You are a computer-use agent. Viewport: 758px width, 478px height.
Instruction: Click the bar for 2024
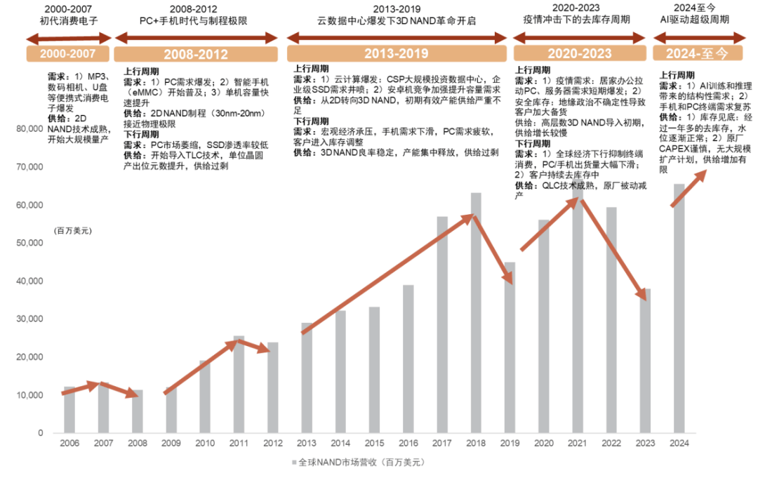(679, 309)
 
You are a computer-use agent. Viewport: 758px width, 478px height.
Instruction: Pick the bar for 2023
(645, 361)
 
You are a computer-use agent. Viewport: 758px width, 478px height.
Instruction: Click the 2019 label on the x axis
(510, 444)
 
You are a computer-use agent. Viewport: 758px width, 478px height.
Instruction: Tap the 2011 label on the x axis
(239, 444)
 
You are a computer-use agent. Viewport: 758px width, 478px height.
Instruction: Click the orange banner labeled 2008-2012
(196, 54)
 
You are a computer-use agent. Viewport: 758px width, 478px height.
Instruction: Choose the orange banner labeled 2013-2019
(396, 54)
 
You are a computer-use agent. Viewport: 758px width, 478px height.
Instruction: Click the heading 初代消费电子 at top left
(69, 20)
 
